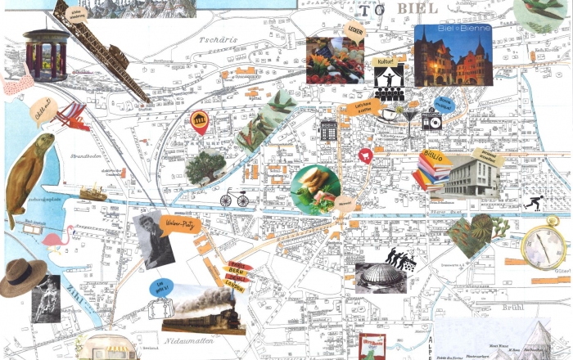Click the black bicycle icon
click(x=233, y=198)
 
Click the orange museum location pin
click(x=199, y=124)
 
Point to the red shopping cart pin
click(x=366, y=155)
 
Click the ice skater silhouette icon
click(x=532, y=202)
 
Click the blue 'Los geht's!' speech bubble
click(x=161, y=286)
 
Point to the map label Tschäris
click(x=212, y=38)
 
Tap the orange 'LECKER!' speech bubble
click(x=355, y=32)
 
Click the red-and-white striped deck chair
click(x=72, y=117)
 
